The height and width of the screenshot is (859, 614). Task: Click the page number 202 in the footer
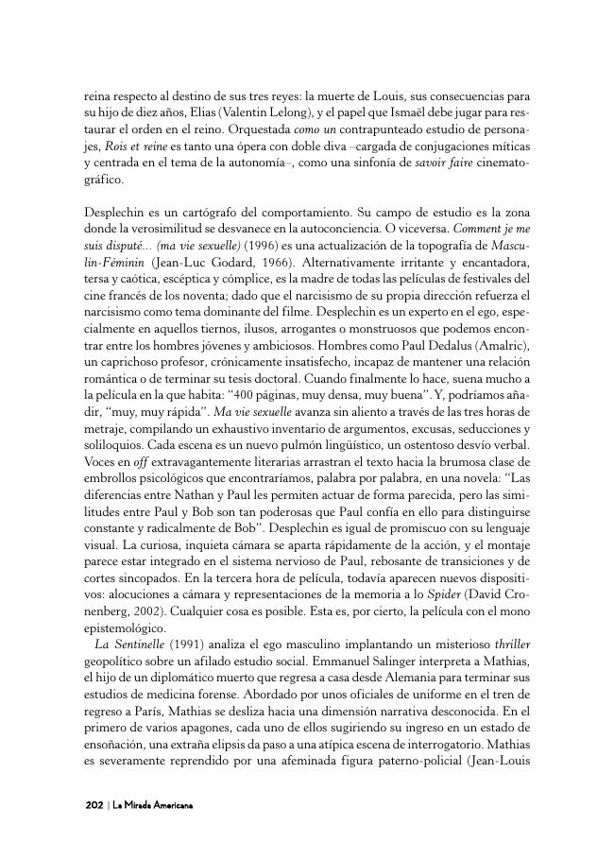click(94, 804)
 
